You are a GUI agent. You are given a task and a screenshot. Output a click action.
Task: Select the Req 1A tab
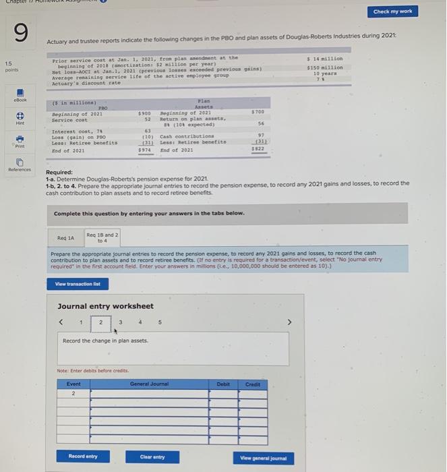pyautogui.click(x=66, y=238)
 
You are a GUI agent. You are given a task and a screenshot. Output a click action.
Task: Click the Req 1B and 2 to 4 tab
pyautogui.click(x=102, y=237)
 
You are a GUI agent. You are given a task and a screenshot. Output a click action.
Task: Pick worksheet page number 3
pyautogui.click(x=119, y=322)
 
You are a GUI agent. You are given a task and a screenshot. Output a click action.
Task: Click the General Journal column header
pyautogui.click(x=148, y=384)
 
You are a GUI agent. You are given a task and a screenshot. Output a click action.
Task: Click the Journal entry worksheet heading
pyautogui.click(x=105, y=306)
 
